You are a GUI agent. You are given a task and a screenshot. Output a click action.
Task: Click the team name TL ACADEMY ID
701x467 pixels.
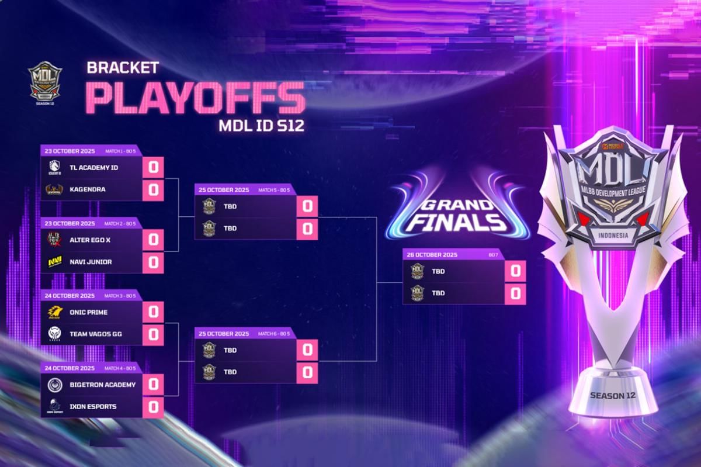[93, 168]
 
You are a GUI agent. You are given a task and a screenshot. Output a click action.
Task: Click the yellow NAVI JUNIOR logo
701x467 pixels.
[55, 262]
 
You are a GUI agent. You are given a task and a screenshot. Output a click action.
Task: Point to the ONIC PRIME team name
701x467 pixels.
[89, 312]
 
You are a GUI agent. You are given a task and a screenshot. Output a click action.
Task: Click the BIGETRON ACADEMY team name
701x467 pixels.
[102, 385]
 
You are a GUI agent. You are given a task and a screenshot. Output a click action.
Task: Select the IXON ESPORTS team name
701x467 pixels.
[93, 406]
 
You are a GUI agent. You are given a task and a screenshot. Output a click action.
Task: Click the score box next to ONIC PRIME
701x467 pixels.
[153, 313]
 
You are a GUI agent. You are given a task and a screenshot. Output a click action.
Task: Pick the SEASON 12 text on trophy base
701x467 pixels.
[613, 395]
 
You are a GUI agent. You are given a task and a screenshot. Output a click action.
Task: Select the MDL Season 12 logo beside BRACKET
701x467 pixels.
[45, 80]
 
